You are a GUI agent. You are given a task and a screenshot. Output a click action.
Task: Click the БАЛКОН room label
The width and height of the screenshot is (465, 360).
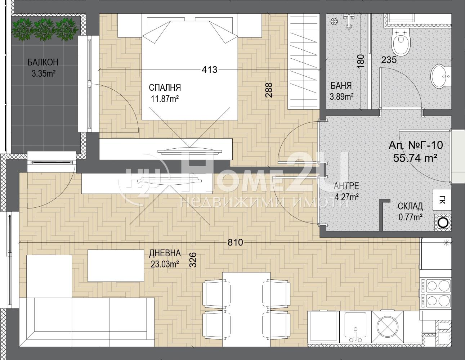point(43,62)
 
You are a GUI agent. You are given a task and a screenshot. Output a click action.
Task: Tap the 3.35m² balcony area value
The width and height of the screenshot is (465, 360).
point(44,74)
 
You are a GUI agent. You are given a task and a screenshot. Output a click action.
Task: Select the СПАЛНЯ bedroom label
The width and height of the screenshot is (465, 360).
point(165,87)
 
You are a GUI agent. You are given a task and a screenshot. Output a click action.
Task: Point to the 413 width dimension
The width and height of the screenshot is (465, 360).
point(210,70)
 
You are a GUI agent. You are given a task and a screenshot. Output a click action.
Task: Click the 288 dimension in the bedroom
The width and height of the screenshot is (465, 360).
point(269,90)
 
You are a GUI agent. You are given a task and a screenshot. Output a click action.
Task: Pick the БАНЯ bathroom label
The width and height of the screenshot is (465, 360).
point(341,86)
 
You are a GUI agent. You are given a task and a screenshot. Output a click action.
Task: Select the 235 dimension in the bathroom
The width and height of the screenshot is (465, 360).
point(389,60)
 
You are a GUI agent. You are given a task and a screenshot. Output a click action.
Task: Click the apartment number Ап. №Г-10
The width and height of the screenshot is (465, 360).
point(416,145)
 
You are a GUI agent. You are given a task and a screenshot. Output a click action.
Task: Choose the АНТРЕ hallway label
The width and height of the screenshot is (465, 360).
point(346,186)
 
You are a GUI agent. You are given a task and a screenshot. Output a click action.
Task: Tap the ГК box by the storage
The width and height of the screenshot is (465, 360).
point(442,200)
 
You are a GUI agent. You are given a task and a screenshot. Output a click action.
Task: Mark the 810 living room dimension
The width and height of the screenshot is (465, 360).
point(235,242)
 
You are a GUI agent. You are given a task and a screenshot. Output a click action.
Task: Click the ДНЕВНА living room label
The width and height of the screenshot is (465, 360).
point(165,253)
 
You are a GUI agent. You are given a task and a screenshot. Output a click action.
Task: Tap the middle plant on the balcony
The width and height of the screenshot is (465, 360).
point(44,30)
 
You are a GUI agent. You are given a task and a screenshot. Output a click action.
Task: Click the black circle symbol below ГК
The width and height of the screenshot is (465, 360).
point(442,222)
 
